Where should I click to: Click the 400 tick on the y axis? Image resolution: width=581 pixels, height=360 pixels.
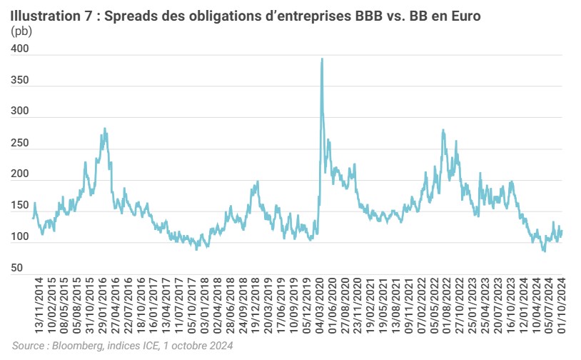coord(21,49)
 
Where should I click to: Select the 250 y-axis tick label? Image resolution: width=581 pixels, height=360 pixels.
coord(21,144)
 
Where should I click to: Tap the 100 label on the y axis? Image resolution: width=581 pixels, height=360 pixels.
coord(21,237)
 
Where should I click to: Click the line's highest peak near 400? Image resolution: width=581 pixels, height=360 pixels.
coord(322,59)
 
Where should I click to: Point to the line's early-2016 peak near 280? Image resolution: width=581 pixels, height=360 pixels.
coord(105,129)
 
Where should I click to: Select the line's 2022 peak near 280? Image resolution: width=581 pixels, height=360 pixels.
coord(443,131)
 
